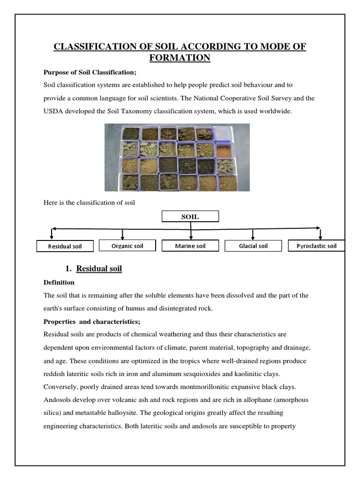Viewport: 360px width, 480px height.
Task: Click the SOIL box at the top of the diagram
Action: tap(190, 217)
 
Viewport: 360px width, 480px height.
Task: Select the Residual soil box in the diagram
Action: tap(65, 247)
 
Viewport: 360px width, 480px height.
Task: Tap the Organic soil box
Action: tap(127, 246)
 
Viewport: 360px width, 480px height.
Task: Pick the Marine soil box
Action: tap(190, 246)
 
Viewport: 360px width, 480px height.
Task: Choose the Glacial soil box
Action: tap(253, 246)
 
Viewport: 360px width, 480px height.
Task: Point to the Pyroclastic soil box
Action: tap(316, 246)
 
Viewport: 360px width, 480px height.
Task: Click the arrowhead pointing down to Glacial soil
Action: tap(253, 238)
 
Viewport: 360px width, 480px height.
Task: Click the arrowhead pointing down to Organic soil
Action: tap(123, 238)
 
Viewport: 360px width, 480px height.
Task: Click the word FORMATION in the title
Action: tap(180, 58)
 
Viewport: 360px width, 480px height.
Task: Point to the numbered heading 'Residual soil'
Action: tap(99, 269)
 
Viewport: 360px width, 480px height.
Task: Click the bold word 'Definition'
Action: tap(59, 283)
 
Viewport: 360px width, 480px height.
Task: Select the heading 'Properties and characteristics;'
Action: tap(92, 322)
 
